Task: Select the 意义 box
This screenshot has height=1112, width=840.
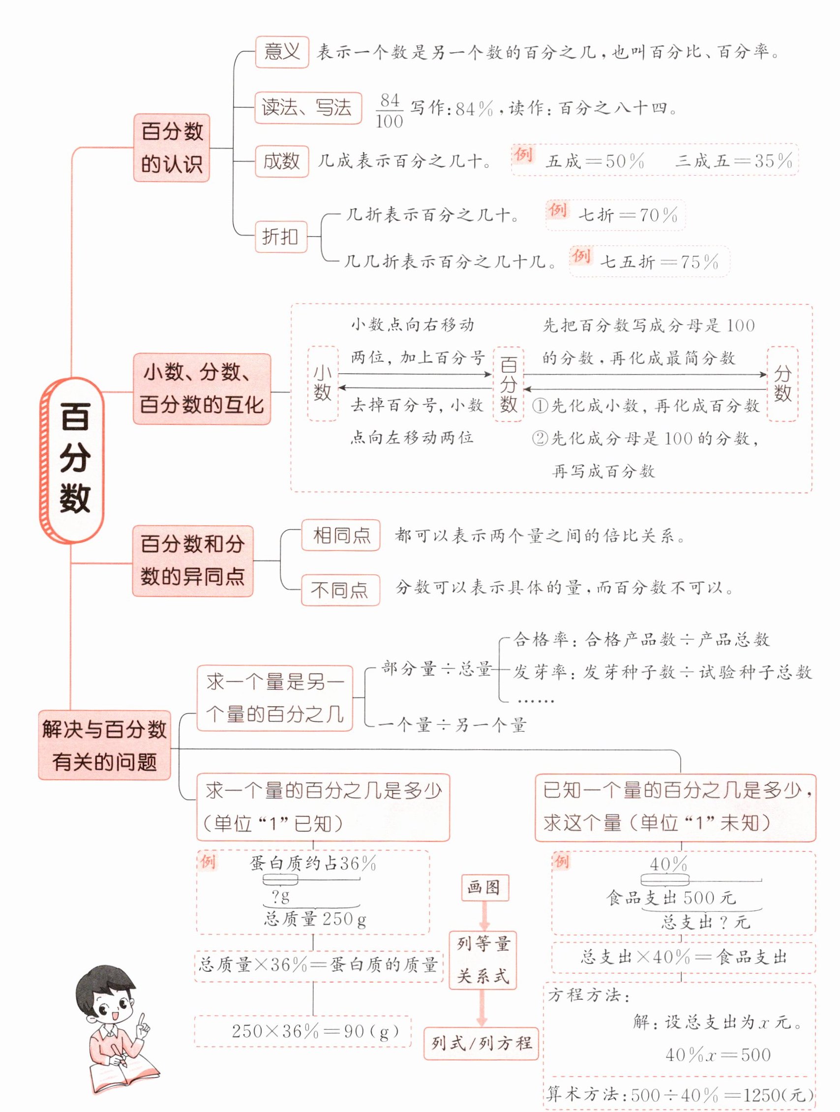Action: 281,52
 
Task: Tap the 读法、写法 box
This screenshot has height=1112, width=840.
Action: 308,108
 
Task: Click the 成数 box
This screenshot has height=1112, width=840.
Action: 281,161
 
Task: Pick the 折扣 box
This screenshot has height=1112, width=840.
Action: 280,236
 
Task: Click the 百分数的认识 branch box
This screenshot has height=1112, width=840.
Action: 172,148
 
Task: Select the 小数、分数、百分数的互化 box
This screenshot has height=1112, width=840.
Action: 202,389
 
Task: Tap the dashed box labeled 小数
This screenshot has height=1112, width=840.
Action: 322,383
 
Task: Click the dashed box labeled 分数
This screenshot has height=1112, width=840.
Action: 782,383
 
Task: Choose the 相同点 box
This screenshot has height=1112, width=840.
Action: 340,536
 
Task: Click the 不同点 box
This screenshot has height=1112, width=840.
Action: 340,590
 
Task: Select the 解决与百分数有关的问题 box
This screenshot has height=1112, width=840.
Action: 105,745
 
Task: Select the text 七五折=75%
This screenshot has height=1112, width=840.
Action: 660,262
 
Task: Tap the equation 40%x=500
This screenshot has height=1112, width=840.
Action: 718,1053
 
